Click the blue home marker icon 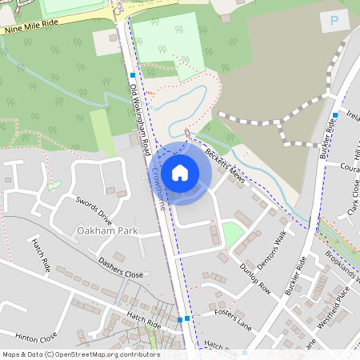coord(180,172)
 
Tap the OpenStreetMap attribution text coord(81,354)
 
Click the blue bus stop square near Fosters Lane coord(188,318)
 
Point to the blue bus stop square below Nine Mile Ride coord(132,75)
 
